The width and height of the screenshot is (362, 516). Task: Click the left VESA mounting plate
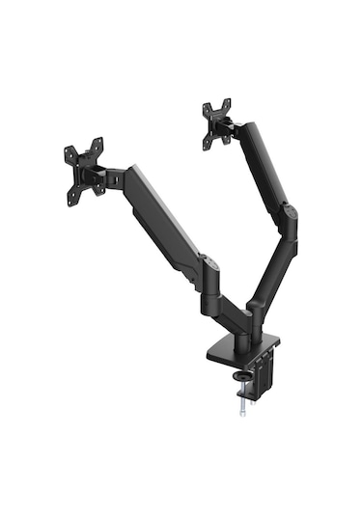84,171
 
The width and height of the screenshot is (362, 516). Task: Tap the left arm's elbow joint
207,271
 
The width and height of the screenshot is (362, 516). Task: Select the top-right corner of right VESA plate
230,102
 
